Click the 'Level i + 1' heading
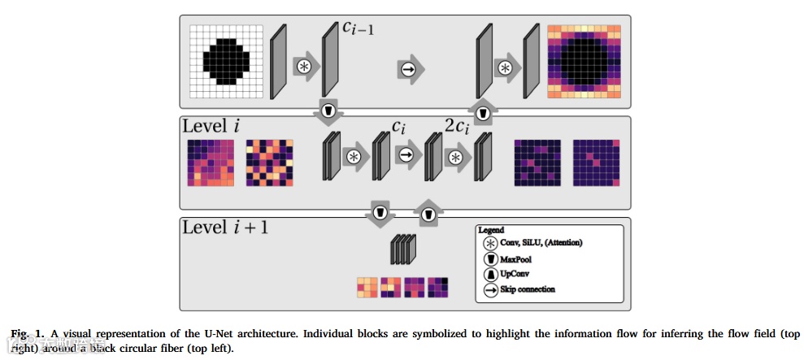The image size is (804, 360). [225, 227]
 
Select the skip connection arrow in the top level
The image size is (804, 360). [409, 70]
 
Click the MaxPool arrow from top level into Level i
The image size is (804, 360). [328, 111]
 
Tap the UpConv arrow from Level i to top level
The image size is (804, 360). [483, 112]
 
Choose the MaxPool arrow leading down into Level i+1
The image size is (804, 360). [378, 212]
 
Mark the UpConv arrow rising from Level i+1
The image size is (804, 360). [428, 213]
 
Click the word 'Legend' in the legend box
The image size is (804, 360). [491, 231]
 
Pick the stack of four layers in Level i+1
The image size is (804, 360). [403, 250]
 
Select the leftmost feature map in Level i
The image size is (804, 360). [211, 163]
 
